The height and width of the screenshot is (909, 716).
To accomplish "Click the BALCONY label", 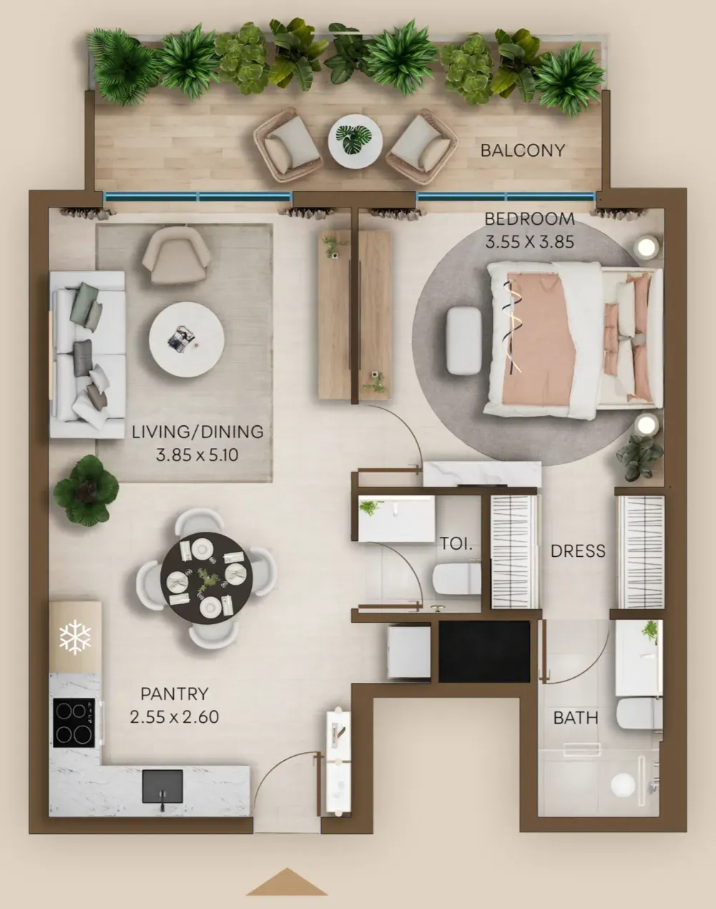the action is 523,150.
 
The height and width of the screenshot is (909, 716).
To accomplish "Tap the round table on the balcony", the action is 355,142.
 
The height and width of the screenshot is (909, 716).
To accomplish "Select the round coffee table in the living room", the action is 186,339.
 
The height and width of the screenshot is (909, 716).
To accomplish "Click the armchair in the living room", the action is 176,255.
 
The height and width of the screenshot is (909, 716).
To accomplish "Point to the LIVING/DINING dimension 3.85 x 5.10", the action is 197,455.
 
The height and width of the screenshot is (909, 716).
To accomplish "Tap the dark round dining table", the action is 207,578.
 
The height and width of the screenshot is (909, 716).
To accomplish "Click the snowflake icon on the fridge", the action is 75,638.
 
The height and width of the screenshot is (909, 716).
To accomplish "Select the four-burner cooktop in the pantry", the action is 74,723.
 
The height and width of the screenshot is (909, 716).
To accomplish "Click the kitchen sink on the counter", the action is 162,786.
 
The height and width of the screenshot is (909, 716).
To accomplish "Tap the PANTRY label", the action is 175,694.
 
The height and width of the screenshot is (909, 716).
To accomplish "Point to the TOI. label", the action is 456,544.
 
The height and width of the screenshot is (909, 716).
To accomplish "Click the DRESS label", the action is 578,551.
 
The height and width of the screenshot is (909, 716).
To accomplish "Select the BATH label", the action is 576,718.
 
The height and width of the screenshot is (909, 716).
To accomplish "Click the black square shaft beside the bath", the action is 484,651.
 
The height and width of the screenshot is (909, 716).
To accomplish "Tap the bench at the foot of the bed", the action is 464,341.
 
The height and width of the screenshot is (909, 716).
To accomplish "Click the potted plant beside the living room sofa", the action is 86,490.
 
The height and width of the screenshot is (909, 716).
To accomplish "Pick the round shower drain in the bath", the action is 623,784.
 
